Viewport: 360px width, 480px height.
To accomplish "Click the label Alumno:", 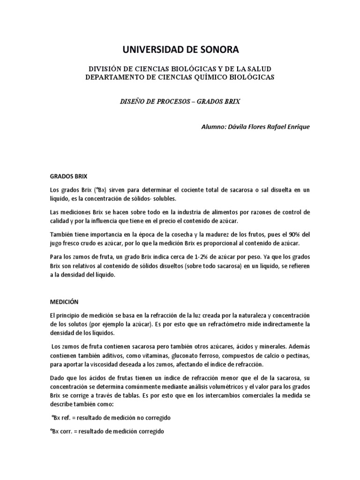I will (x=213, y=127).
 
